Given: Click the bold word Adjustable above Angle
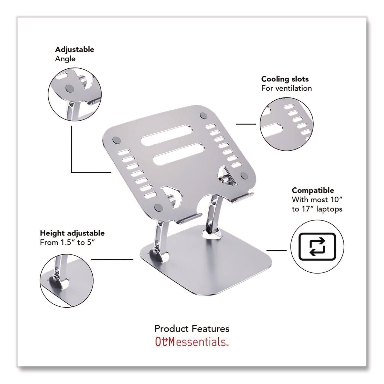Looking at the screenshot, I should click(x=74, y=49).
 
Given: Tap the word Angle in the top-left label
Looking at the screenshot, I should click(x=65, y=59).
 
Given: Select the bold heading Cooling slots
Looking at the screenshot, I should click(x=285, y=79).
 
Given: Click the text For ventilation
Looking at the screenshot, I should click(x=286, y=88).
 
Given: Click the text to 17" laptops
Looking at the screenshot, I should click(x=317, y=209).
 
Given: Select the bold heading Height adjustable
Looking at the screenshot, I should click(x=72, y=233).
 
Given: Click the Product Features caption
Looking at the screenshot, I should click(x=192, y=328).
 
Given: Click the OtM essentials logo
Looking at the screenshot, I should click(x=191, y=342).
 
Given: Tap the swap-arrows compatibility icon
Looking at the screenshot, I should click(x=317, y=247).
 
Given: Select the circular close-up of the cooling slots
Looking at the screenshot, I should click(x=286, y=124).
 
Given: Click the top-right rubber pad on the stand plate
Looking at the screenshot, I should click(x=204, y=115).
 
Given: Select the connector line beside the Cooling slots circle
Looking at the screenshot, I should click(x=246, y=124).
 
